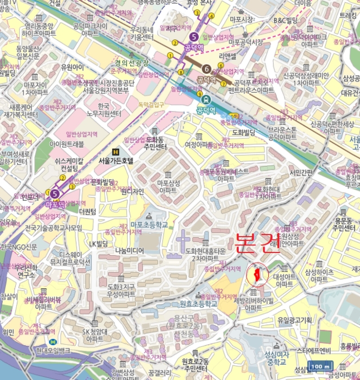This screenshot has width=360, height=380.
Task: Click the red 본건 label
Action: pyautogui.click(x=257, y=245)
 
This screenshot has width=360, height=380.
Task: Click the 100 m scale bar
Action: pyautogui.click(x=320, y=366)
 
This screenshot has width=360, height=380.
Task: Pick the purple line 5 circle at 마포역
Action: pyautogui.click(x=54, y=193)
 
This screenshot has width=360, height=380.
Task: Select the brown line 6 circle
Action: pyautogui.click(x=206, y=69)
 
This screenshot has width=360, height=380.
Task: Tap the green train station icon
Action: pyautogui.click(x=206, y=99)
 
